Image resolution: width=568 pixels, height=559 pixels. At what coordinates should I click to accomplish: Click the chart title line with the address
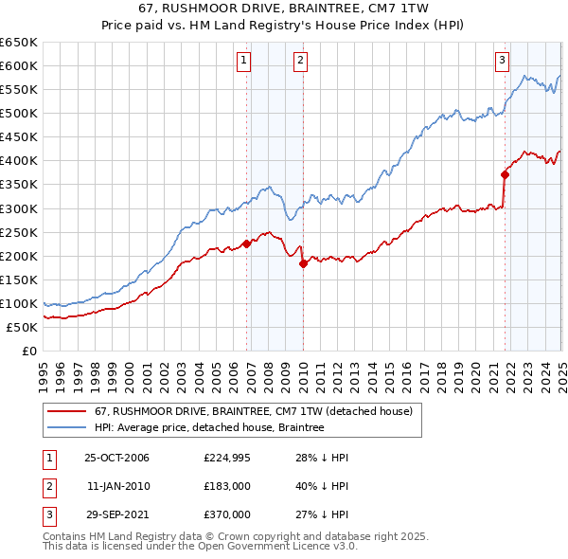pos(283,9)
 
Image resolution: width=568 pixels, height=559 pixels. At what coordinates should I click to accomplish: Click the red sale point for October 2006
pos(247,243)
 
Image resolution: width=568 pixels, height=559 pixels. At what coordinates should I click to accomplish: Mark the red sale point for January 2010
pos(303,263)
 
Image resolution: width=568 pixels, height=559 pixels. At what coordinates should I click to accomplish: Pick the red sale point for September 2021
pos(506,174)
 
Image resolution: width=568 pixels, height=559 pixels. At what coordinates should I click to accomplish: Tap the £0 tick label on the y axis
pos(28,351)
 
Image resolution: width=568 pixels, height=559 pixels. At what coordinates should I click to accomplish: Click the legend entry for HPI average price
pos(209,428)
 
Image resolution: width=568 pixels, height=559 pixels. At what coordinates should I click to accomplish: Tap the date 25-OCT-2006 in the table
pos(116,458)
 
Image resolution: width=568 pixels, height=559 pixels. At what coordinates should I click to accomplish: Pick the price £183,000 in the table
pos(227,486)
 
